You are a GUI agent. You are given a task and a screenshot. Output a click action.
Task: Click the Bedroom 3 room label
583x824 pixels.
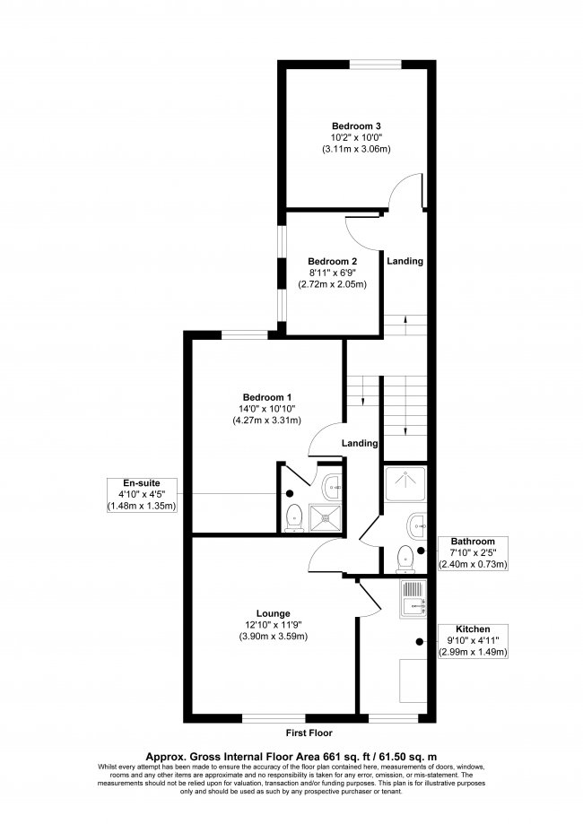click(356, 126)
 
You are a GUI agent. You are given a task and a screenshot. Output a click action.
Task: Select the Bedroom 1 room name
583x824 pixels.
click(266, 396)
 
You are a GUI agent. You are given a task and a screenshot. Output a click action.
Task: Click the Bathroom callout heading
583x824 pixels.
click(473, 542)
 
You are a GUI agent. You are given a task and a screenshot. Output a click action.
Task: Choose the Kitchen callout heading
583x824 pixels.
click(473, 629)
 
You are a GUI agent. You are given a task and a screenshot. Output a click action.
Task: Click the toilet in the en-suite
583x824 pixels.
click(292, 518)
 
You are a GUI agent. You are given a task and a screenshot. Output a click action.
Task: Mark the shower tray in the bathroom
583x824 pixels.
click(405, 484)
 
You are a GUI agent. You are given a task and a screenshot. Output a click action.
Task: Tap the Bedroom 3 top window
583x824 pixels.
click(374, 62)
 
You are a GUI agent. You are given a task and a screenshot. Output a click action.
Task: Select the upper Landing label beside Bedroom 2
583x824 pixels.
click(405, 261)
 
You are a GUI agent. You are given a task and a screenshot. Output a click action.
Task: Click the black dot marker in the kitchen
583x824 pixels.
click(419, 640)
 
